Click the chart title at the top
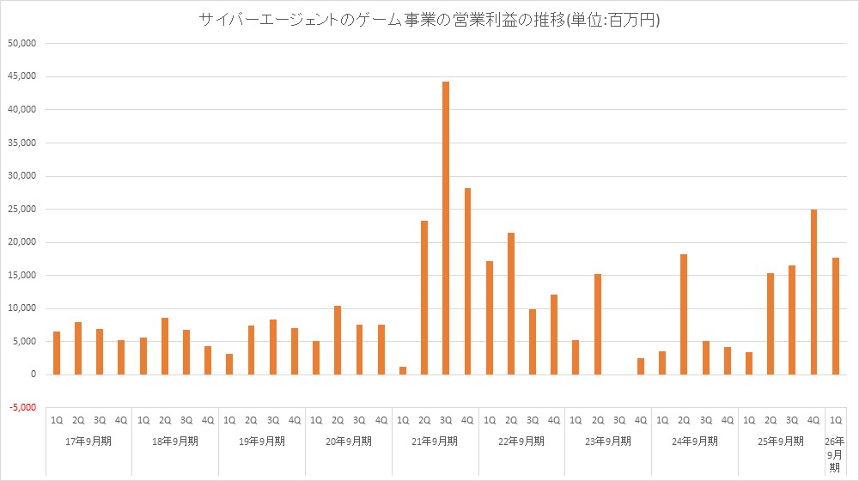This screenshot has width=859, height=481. click(x=429, y=19)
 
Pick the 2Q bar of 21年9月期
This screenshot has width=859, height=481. click(x=424, y=297)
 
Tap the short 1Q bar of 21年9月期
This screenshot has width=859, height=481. click(x=403, y=370)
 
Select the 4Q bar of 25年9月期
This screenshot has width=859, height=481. click(x=813, y=292)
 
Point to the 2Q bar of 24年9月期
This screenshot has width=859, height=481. click(x=684, y=314)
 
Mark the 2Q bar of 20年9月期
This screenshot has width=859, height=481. click(x=338, y=340)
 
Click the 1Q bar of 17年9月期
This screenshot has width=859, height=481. click(x=57, y=353)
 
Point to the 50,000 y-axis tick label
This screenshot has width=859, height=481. click(x=21, y=43)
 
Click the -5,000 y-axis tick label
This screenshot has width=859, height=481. click(x=22, y=408)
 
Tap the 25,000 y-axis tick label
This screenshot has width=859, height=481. click(x=21, y=209)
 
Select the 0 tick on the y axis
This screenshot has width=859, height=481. click(x=34, y=374)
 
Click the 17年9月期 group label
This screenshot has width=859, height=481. click(x=89, y=441)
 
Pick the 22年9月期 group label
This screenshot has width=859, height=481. click(x=521, y=441)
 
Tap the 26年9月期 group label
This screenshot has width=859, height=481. click(x=835, y=454)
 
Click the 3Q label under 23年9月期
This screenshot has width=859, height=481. click(x=618, y=420)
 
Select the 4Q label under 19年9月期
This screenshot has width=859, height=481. click(x=295, y=420)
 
